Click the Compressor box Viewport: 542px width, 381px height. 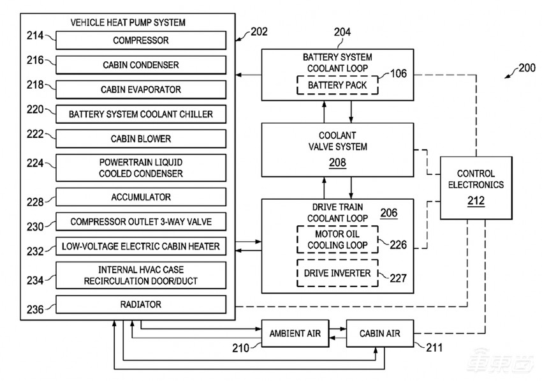tap(141, 41)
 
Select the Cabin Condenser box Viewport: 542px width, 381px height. tap(141, 65)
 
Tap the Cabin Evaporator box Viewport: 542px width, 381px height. tap(141, 89)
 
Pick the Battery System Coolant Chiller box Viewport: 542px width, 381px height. tap(141, 114)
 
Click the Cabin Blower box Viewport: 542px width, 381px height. tap(141, 138)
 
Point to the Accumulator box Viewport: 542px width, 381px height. tap(141, 197)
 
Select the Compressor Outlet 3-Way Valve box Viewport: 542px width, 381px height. tap(141, 222)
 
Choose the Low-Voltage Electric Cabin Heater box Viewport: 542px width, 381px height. tap(141, 246)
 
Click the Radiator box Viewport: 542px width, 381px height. tap(141, 304)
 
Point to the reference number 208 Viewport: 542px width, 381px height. tap(338, 163)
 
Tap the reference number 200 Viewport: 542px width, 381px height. tap(527, 68)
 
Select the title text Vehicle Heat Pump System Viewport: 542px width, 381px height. tap(128, 22)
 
